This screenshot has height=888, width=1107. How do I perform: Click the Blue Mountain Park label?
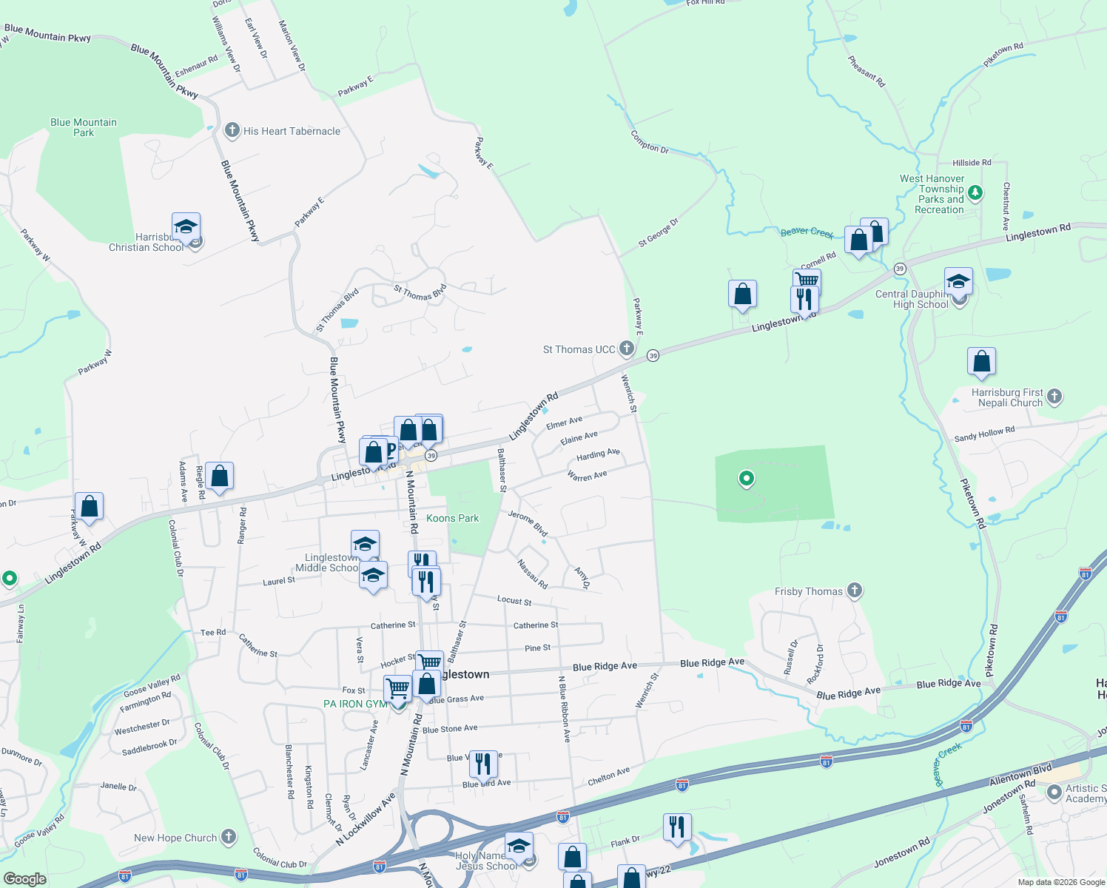point(84,127)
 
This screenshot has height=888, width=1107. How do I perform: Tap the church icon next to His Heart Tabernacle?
point(232,131)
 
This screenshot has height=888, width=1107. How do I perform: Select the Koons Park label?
point(452,518)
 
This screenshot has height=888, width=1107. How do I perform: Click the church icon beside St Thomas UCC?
point(627,349)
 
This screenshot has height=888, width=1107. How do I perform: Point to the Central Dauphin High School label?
point(912,299)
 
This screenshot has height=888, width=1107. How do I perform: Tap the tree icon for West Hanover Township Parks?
point(975,193)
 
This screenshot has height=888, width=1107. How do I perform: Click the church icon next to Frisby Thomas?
point(855,591)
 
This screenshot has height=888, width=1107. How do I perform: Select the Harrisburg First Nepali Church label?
point(1007,397)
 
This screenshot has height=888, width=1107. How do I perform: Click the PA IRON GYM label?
point(355,704)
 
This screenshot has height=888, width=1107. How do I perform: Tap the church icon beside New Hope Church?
point(229,837)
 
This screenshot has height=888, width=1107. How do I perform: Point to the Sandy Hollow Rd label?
point(984,434)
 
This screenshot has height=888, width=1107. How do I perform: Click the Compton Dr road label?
point(650,141)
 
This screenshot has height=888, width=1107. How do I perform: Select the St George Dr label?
point(658,233)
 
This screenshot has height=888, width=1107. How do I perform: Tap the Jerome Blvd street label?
point(528,522)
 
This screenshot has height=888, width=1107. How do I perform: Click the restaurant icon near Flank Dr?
point(677,827)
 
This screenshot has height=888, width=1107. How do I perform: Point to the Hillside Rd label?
point(972,163)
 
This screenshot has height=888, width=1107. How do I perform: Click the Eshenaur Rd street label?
point(196,66)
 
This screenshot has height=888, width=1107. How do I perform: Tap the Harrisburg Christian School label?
point(146,243)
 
